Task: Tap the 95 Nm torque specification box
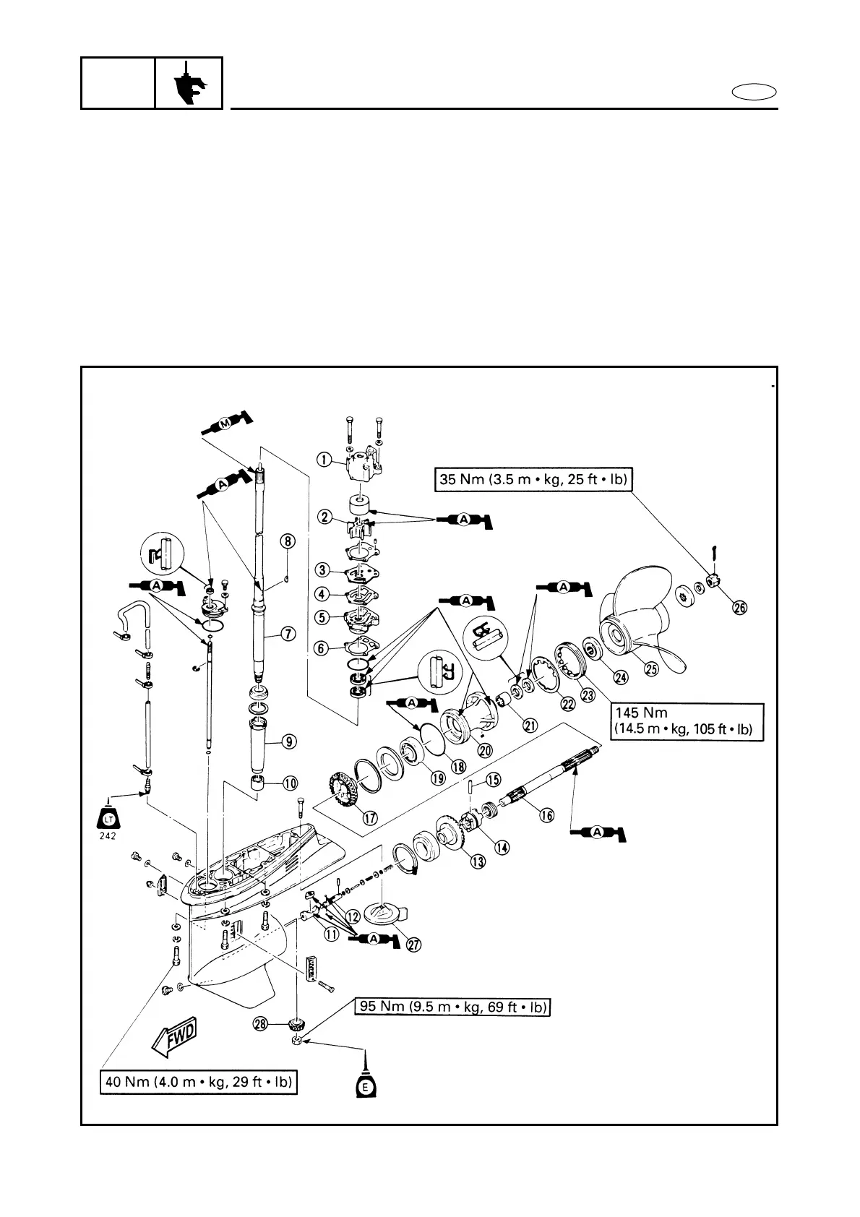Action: click(x=453, y=1007)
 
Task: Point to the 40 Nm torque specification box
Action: click(x=198, y=1083)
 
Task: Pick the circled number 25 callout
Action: click(x=651, y=669)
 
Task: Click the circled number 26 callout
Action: click(x=739, y=607)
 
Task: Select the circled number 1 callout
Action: click(x=324, y=459)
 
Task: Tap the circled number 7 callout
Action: click(x=288, y=634)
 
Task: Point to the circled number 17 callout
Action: click(x=369, y=818)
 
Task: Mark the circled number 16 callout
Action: click(x=546, y=815)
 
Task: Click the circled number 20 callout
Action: click(x=485, y=750)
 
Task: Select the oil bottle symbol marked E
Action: click(x=366, y=1083)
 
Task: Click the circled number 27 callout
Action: click(x=414, y=945)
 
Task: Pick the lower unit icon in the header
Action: click(x=189, y=83)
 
